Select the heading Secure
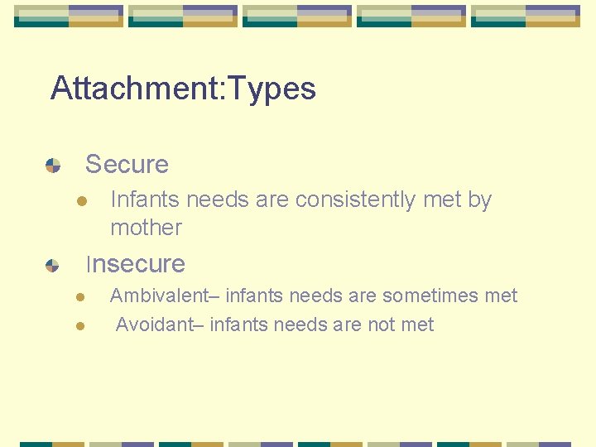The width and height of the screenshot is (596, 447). [x=127, y=165]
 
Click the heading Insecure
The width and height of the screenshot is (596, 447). [x=136, y=264]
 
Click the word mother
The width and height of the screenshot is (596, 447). [x=146, y=227]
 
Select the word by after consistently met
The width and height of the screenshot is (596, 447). [x=479, y=199]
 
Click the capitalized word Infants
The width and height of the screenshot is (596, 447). [x=145, y=199]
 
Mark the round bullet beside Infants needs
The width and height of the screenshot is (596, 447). [x=81, y=201]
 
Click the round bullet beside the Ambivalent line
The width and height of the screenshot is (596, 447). [x=81, y=297]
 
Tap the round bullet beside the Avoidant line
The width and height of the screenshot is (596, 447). [x=81, y=326]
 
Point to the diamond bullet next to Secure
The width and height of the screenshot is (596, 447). [x=52, y=166]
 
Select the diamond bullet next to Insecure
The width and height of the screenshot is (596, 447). [x=52, y=265]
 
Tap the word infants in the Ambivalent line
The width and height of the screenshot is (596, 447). [x=255, y=296]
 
